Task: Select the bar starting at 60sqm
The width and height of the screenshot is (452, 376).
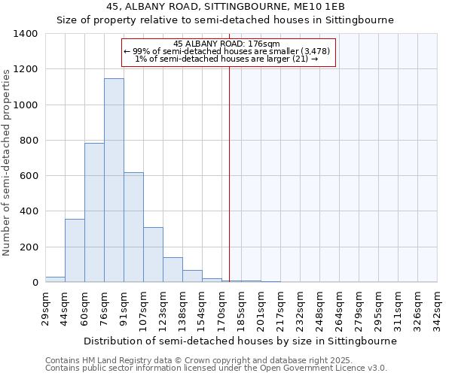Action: pyautogui.click(x=94, y=213)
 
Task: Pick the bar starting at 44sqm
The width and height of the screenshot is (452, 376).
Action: pyautogui.click(x=75, y=250)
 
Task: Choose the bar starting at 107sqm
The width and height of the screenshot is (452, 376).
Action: pyautogui.click(x=153, y=255)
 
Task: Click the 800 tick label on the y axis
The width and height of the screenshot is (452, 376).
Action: pyautogui.click(x=29, y=141)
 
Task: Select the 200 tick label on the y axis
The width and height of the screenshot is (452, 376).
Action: pyautogui.click(x=29, y=247)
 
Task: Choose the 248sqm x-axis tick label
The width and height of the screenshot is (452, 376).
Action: pyautogui.click(x=323, y=309)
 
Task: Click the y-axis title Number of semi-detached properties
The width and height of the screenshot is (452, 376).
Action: pyautogui.click(x=8, y=162)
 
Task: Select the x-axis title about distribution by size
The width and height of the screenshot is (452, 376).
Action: pyautogui.click(x=240, y=341)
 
